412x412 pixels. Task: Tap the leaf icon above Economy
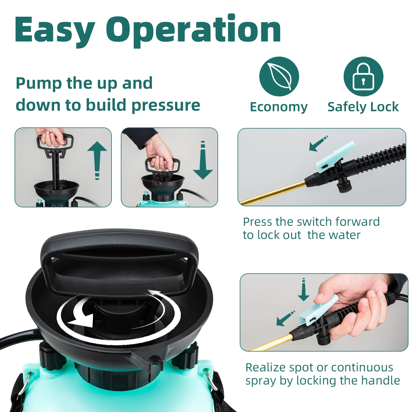coord(279,76)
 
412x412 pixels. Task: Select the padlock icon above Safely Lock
coord(363,76)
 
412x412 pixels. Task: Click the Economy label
coord(279,107)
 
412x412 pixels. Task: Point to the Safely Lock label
coord(363,107)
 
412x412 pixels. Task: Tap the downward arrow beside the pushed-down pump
coord(203,160)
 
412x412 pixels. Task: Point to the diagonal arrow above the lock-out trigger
coord(318,143)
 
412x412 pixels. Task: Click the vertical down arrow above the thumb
coord(304,289)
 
